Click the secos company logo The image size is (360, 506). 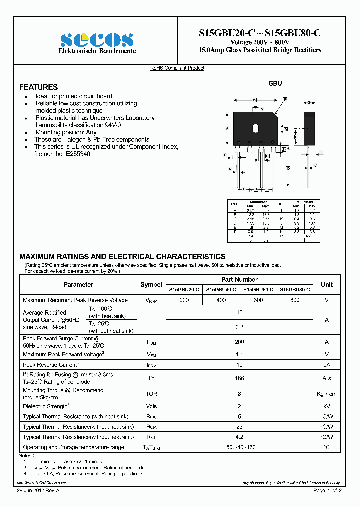pyautogui.click(x=97, y=40)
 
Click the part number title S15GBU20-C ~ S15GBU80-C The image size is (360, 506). pyautogui.click(x=259, y=33)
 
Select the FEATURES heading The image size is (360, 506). pyautogui.click(x=38, y=87)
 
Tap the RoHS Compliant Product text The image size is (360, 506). pyautogui.click(x=177, y=68)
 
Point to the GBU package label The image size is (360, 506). pyautogui.click(x=275, y=83)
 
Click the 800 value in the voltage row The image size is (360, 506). pyautogui.click(x=295, y=300)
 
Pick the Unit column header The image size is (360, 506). pyautogui.click(x=327, y=284)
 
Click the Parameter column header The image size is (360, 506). pyautogui.click(x=78, y=284)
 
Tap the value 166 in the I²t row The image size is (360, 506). pyautogui.click(x=240, y=379)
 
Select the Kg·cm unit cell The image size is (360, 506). pyautogui.click(x=327, y=394)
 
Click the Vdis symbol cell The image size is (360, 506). pyautogui.click(x=151, y=406)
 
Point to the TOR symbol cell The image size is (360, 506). pyautogui.click(x=151, y=394)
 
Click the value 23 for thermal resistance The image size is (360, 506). pyautogui.click(x=240, y=427)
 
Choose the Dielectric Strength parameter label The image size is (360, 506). pyautogui.click(x=46, y=406)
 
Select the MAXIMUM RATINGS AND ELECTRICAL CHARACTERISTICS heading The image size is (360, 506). pyautogui.click(x=122, y=256)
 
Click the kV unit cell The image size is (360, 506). pyautogui.click(x=327, y=406)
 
